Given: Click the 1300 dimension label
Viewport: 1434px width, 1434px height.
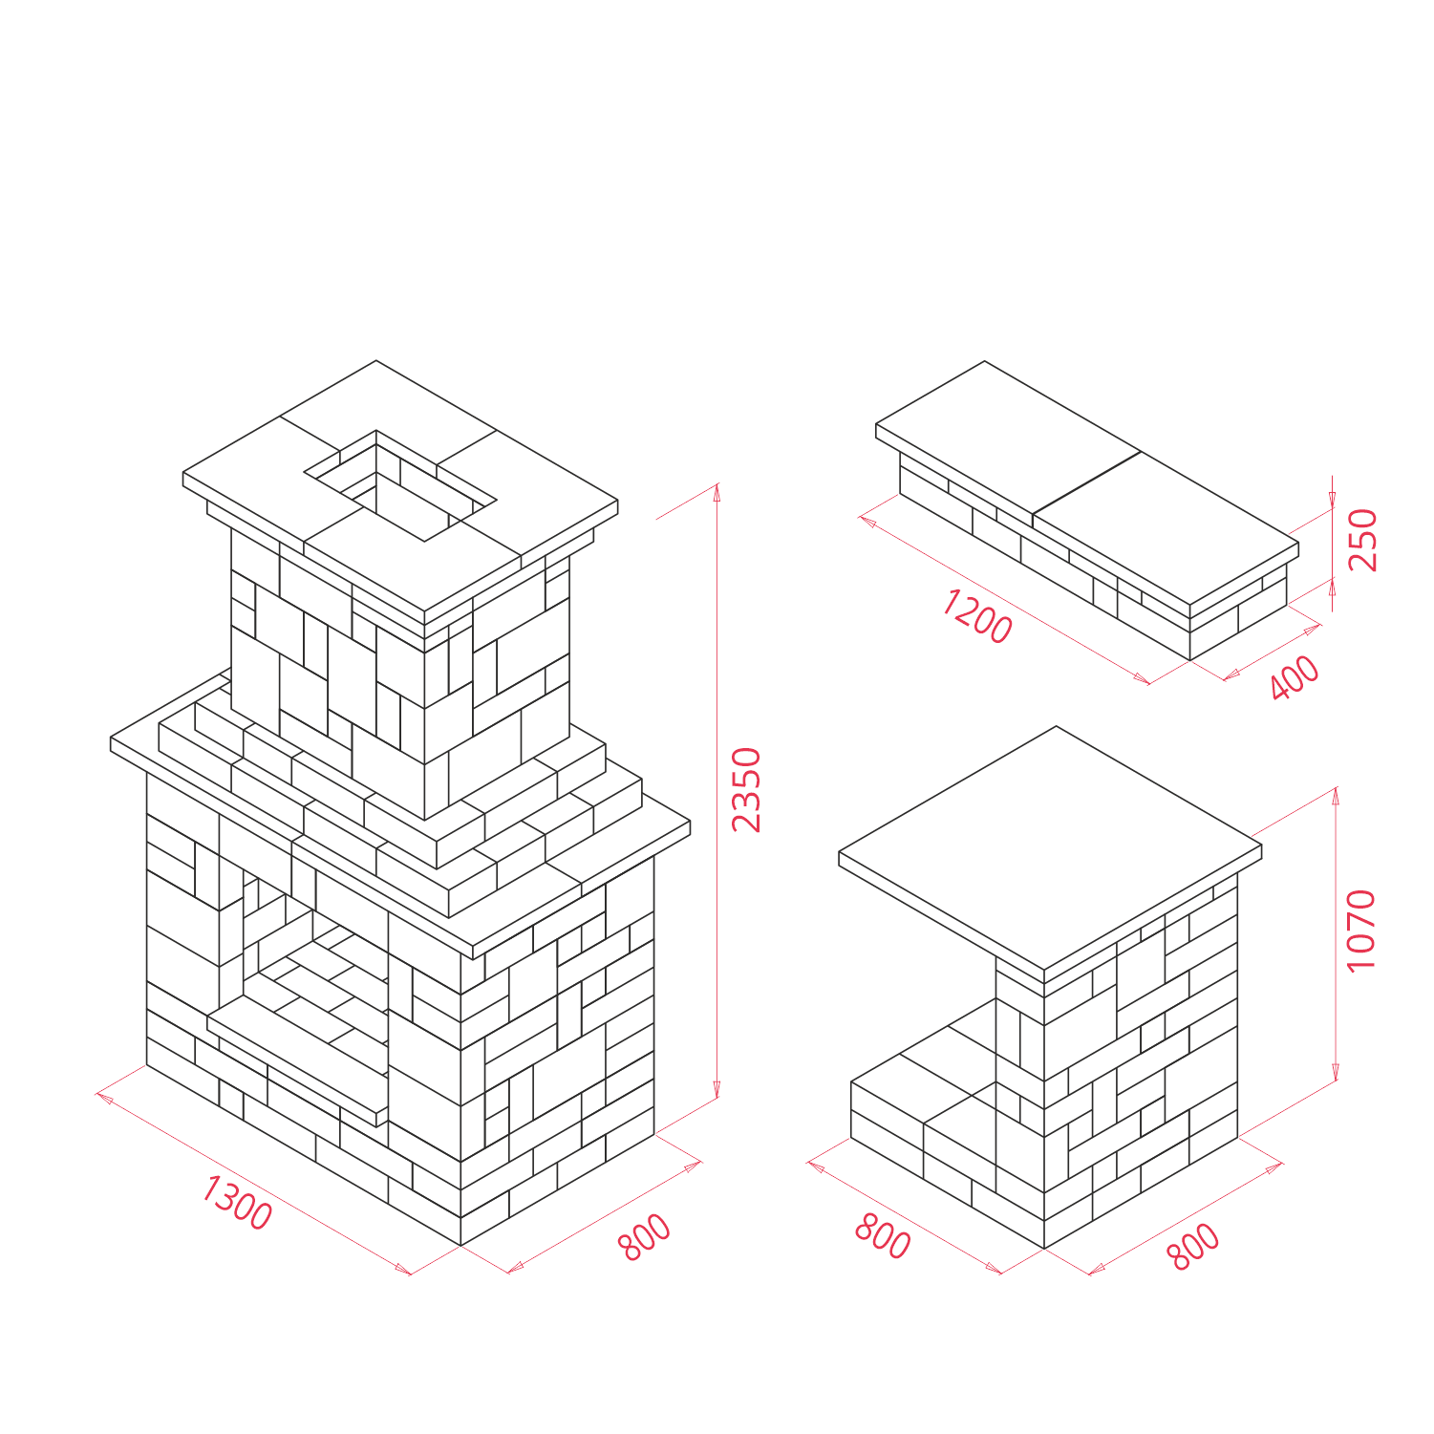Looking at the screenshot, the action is (237, 1203).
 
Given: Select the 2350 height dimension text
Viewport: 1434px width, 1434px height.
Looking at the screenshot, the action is (746, 790).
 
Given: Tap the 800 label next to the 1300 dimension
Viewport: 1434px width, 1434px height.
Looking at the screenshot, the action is (645, 1237).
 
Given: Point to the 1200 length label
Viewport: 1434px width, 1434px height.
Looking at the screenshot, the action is (976, 617).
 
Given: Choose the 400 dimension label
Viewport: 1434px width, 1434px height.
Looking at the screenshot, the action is (1295, 677).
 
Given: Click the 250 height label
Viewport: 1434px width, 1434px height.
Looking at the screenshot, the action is (1363, 540).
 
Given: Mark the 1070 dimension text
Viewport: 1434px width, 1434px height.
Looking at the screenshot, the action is (1360, 931).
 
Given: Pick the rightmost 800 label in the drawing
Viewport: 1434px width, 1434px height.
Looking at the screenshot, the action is (1194, 1247).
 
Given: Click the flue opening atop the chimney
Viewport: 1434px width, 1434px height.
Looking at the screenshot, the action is (400, 485).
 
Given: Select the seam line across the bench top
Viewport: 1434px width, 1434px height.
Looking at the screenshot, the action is (1087, 483).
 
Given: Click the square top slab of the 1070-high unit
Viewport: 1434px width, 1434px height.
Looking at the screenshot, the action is (1051, 848).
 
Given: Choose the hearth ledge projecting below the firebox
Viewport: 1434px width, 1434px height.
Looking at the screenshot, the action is (298, 1060).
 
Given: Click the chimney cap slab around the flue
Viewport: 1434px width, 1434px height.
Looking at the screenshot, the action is (400, 487).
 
